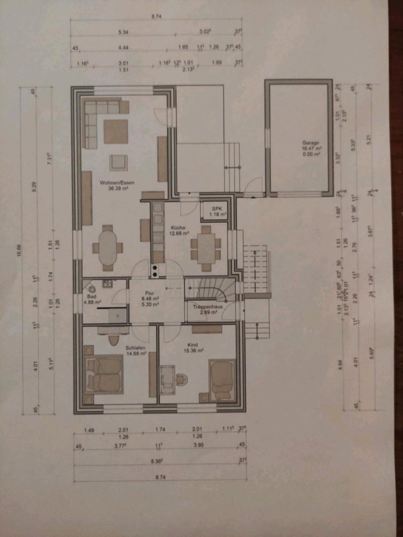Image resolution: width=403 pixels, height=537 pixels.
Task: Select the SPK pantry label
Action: pyautogui.click(x=217, y=208)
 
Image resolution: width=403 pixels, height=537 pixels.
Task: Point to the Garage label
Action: pyautogui.click(x=311, y=143)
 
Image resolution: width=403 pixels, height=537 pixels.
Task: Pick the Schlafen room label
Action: pyautogui.click(x=121, y=347)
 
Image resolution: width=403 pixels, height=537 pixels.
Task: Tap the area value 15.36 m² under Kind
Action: pyautogui.click(x=195, y=351)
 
